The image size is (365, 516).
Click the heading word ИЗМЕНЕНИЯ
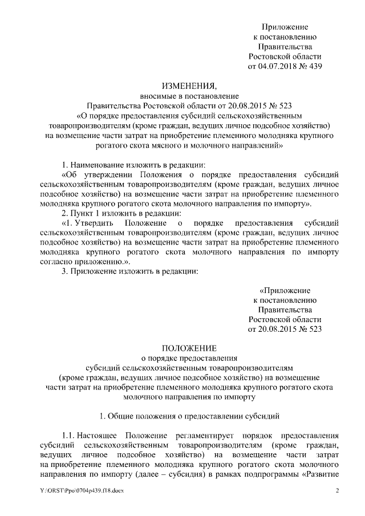[189, 86]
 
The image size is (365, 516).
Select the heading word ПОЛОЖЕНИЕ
[189, 347]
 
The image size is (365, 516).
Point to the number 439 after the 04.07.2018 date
[315, 67]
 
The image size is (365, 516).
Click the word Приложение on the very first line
[285, 27]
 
